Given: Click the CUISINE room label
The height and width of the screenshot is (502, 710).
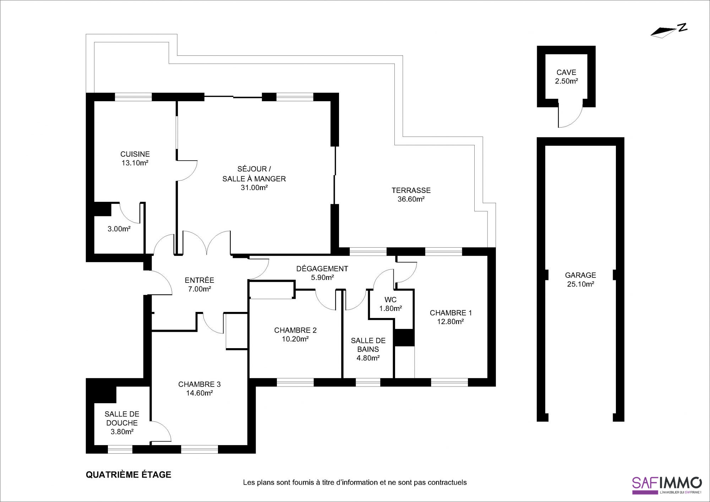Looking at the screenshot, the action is [x=135, y=154].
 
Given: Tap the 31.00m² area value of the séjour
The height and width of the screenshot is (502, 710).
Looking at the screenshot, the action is [x=254, y=188].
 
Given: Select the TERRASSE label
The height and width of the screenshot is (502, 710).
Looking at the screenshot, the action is [x=411, y=190].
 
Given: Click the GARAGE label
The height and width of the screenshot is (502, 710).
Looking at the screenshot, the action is [x=580, y=275].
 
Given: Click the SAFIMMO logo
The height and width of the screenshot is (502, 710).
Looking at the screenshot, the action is [x=667, y=485].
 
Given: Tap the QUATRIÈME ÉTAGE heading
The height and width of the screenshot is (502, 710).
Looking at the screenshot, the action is [x=129, y=475].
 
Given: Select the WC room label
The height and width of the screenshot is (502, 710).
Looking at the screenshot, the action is [x=390, y=300].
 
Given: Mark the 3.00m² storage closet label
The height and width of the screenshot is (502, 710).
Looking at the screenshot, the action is [x=119, y=229].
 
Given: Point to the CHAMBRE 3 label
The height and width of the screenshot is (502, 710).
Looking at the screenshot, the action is [x=200, y=384].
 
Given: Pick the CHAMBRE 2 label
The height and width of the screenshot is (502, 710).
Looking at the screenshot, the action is [x=295, y=330].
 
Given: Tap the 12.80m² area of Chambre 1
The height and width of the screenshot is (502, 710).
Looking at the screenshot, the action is [x=450, y=322].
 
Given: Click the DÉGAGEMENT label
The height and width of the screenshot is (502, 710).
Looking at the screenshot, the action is [x=322, y=269].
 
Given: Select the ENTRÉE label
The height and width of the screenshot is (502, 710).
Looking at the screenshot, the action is [x=200, y=280].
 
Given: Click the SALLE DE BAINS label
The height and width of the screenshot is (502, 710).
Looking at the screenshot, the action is [x=368, y=345].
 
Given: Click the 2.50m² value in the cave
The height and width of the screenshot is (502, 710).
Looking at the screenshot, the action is [x=567, y=81].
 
